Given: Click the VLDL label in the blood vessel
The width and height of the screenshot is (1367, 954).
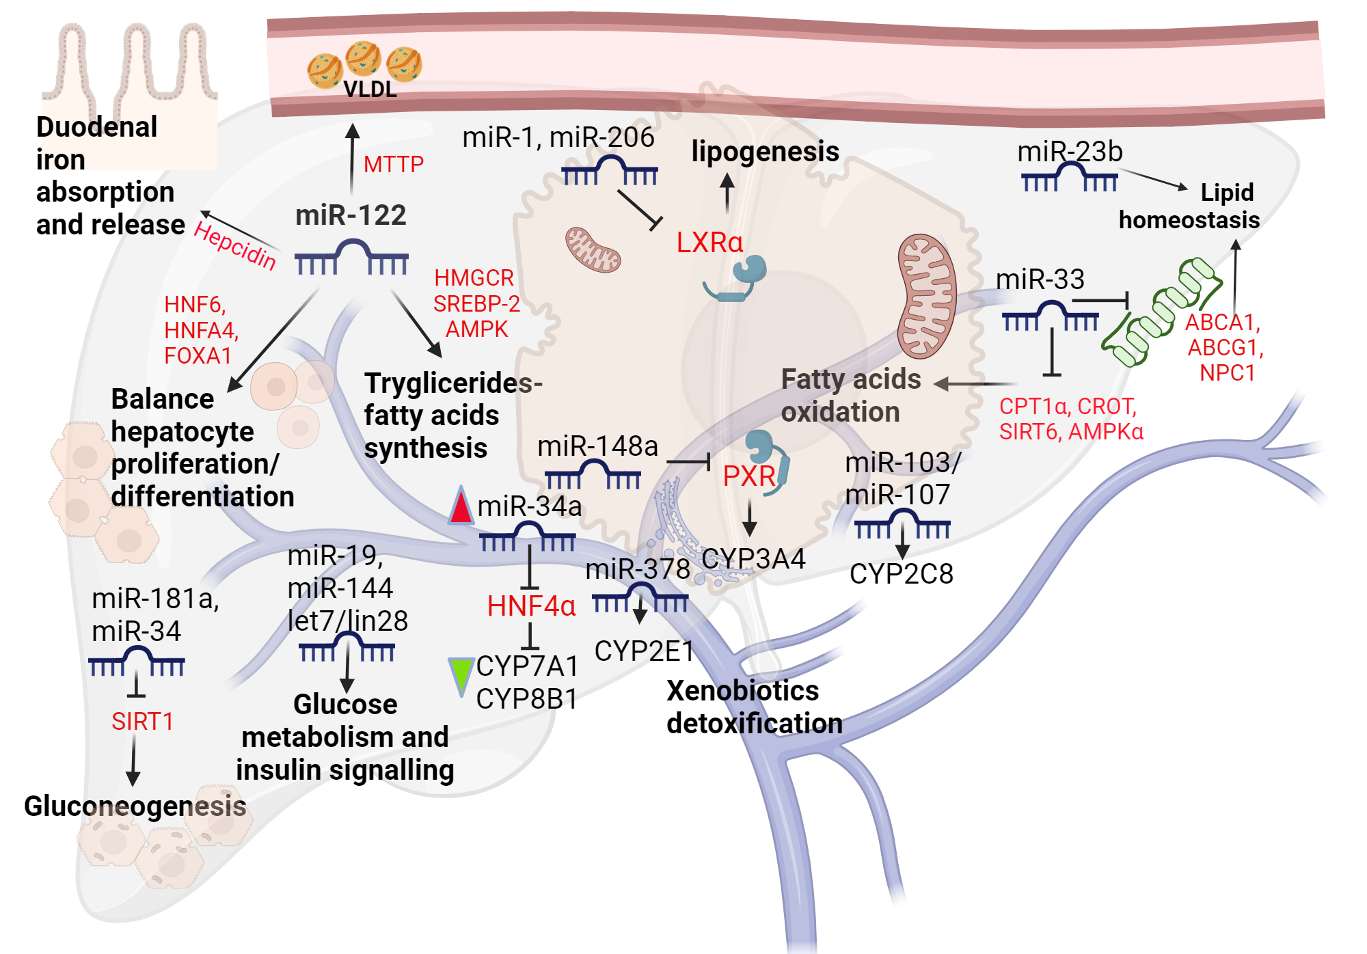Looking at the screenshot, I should [x=369, y=90].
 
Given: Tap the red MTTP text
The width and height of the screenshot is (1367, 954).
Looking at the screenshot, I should [x=393, y=164].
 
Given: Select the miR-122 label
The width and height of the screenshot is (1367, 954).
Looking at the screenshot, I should [x=351, y=215].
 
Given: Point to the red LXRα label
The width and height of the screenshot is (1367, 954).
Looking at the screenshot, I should [x=709, y=243].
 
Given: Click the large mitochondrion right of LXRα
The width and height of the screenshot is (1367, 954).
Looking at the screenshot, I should [x=926, y=296].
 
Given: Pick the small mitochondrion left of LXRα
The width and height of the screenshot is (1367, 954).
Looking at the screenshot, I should [x=593, y=250].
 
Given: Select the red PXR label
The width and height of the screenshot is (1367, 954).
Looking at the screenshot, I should [x=749, y=476].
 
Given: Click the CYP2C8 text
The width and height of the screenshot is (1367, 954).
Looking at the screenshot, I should [x=901, y=574].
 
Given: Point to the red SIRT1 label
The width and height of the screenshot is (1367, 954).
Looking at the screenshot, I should [x=142, y=722].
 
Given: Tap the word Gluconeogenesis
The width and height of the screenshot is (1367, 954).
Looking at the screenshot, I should [x=135, y=806].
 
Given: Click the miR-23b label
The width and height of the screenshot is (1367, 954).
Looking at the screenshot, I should [x=1070, y=152].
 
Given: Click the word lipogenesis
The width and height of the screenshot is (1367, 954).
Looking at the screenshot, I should [x=765, y=151].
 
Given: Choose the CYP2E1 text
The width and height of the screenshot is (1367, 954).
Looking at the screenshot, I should [x=644, y=651].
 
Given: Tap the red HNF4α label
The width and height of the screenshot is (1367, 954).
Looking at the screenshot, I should [x=531, y=606].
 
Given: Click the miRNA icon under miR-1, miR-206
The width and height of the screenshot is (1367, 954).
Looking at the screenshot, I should [x=610, y=171].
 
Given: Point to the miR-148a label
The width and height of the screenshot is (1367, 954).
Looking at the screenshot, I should [x=597, y=446].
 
